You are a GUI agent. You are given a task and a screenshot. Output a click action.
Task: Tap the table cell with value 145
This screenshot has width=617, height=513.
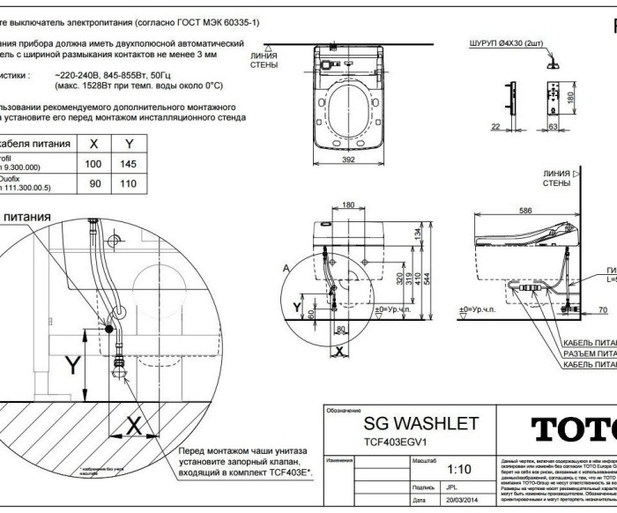point(130,165)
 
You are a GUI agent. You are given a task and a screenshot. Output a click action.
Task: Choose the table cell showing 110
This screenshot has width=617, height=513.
point(130,186)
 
